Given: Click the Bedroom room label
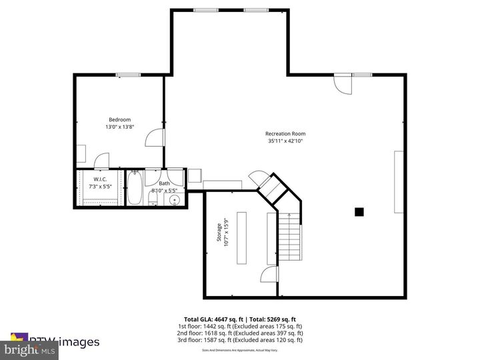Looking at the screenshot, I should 120,119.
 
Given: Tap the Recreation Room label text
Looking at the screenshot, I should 285,134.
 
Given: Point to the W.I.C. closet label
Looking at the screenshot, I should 101,179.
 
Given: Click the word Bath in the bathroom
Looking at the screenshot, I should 164,183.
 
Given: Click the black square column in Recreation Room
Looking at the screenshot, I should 359,212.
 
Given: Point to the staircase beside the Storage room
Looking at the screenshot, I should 289,240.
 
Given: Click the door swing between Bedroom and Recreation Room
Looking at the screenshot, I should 154,137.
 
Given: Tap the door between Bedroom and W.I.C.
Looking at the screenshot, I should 101,161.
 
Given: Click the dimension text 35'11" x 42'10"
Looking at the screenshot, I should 285,141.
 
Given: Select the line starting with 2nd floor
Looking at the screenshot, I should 240,333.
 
